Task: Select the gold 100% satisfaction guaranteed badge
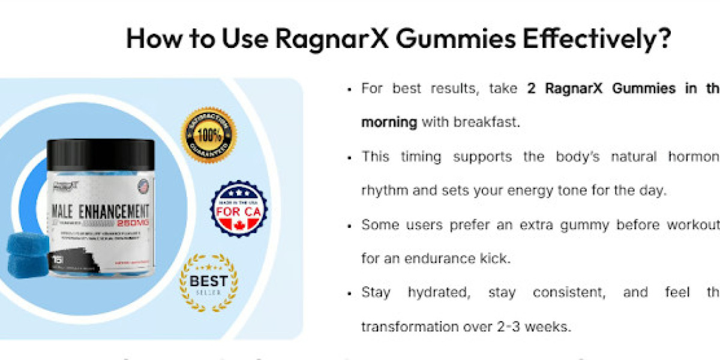tap(208, 135)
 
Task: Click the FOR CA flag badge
tap(238, 209)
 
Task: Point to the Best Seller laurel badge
tap(208, 283)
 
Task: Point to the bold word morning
tap(389, 122)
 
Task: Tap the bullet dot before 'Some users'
tap(349, 226)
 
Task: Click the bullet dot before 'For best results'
tap(349, 89)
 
